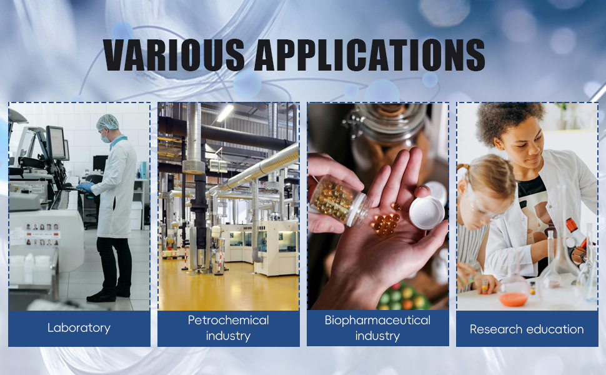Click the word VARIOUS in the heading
coord(174,54)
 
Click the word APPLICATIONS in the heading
coord(369,54)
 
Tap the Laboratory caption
coord(79,328)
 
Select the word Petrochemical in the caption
coord(229,320)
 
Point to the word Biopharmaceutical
coord(377,321)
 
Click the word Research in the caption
coord(496,329)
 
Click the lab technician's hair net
coord(107,122)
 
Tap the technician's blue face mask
coord(104,137)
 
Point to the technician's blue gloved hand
coord(85,187)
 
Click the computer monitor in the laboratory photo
coord(56,142)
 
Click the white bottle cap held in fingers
coord(427,212)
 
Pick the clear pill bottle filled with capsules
coord(340,201)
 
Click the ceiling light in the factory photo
coord(225,113)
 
